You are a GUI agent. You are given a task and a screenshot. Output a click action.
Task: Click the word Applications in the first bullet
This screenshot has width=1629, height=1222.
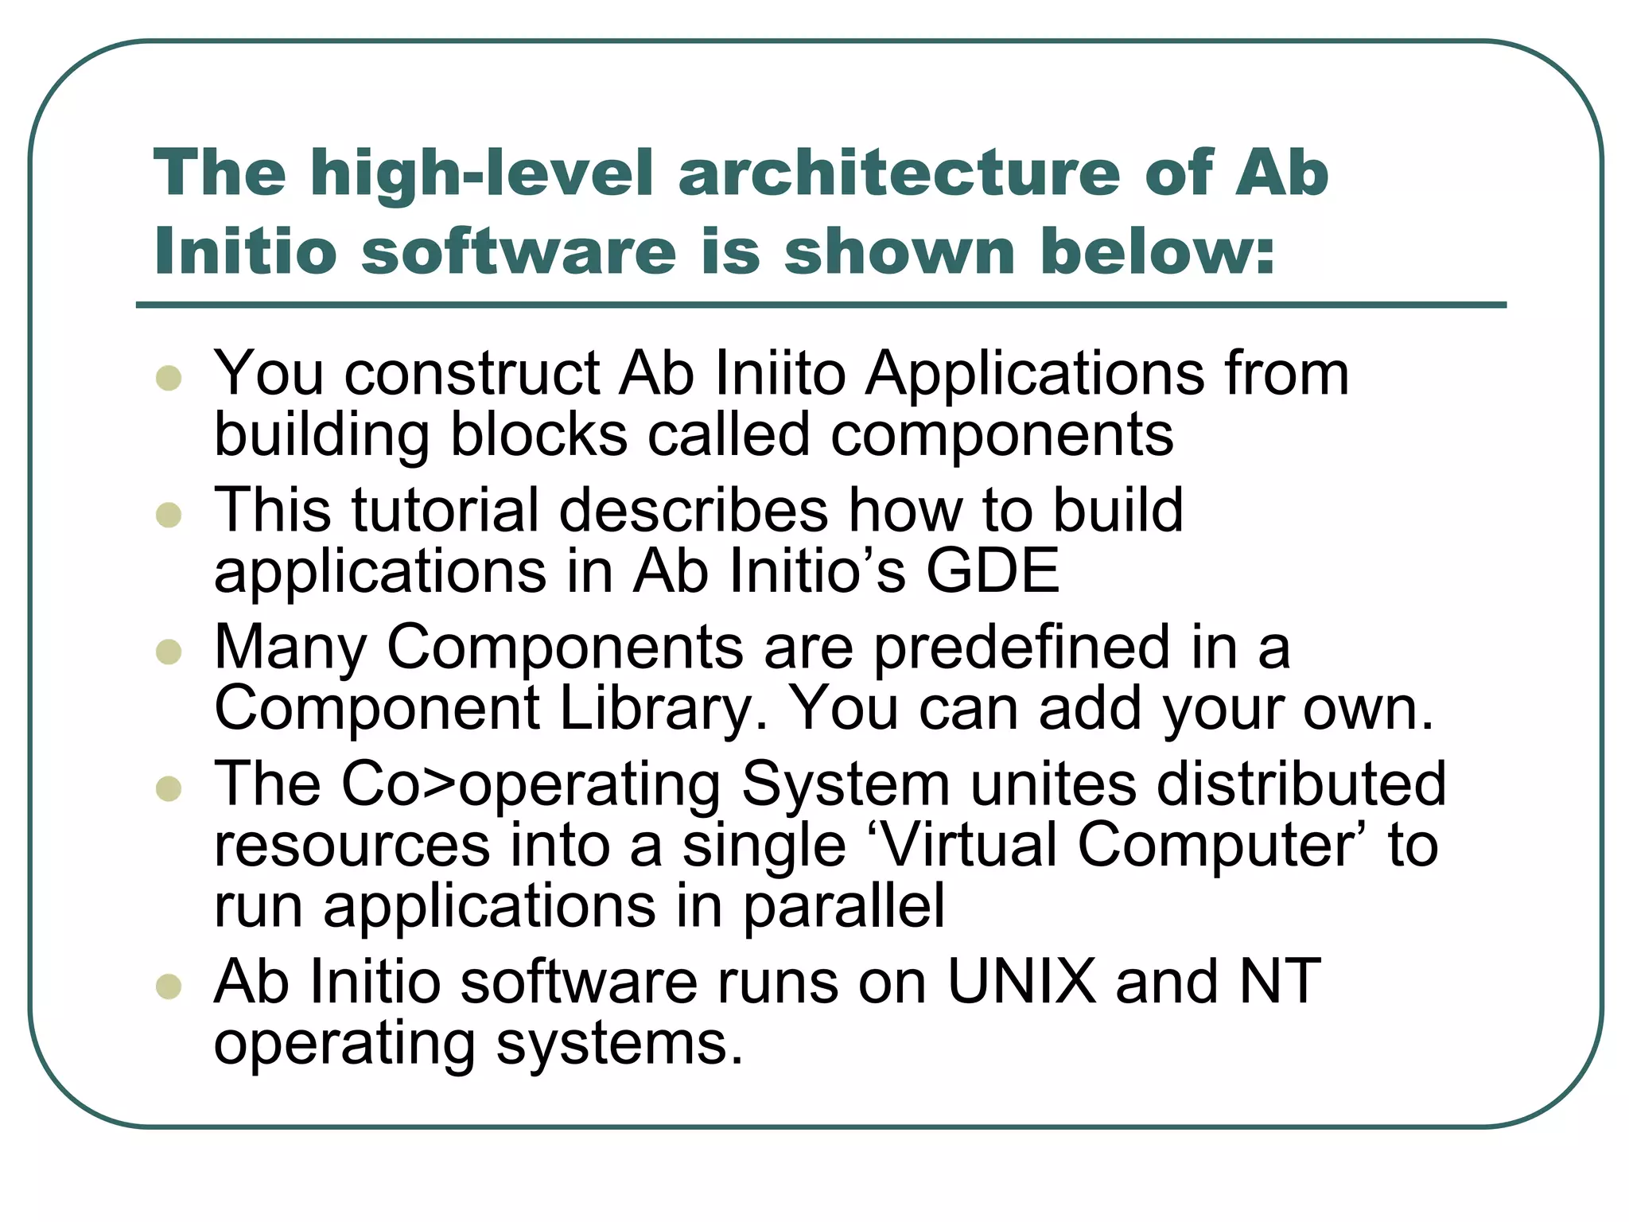pos(1035,374)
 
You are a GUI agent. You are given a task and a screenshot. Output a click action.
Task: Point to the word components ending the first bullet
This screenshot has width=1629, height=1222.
pos(1001,435)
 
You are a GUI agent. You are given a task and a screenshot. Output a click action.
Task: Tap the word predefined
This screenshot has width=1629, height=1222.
pos(1022,647)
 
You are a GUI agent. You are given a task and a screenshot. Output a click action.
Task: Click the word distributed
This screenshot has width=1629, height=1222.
pos(1300,784)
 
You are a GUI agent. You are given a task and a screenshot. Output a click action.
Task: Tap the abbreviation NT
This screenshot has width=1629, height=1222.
pos(1280,982)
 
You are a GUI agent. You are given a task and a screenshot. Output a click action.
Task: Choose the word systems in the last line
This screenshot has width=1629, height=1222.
pos(620,1043)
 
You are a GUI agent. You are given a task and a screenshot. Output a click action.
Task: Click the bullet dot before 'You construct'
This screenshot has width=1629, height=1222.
pos(169,377)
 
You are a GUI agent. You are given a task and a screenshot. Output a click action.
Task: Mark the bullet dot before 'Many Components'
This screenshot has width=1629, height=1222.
pos(169,652)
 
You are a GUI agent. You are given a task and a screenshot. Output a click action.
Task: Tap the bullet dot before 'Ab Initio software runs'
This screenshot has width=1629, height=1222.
pos(169,987)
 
